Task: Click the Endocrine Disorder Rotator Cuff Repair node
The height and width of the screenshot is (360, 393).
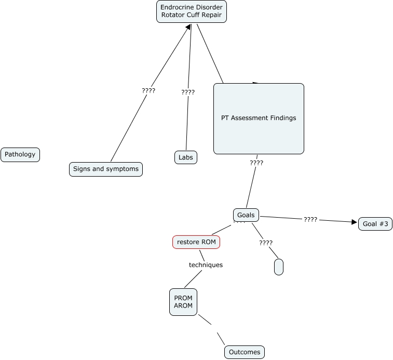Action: pos(192,11)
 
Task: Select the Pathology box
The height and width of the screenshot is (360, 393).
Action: pos(20,155)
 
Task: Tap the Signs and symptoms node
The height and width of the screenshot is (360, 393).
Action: pos(106,169)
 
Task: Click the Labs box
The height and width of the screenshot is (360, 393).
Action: pos(185,157)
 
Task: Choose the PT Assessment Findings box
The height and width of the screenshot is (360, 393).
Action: pos(259,118)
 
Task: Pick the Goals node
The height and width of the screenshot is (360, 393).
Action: pos(246,215)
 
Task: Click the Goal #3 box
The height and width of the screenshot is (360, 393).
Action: pos(375,224)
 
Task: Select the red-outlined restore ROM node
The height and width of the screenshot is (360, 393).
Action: pos(196,242)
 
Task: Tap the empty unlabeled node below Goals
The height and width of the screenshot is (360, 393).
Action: pos(278,266)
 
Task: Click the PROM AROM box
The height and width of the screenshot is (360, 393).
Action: pos(183,302)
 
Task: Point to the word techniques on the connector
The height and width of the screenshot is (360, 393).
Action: pos(206,265)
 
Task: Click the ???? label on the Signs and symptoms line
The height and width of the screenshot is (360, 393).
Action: pos(148,90)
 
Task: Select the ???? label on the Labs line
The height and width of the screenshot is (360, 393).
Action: pos(188,92)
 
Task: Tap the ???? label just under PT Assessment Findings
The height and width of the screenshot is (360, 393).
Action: pos(256,163)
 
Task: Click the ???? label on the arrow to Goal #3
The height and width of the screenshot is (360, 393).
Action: pos(310,220)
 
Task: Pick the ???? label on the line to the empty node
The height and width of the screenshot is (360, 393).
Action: pos(266,243)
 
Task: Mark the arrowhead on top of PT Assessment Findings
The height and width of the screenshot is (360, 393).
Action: pos(256,83)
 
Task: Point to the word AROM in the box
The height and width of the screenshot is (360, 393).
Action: pos(183,306)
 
